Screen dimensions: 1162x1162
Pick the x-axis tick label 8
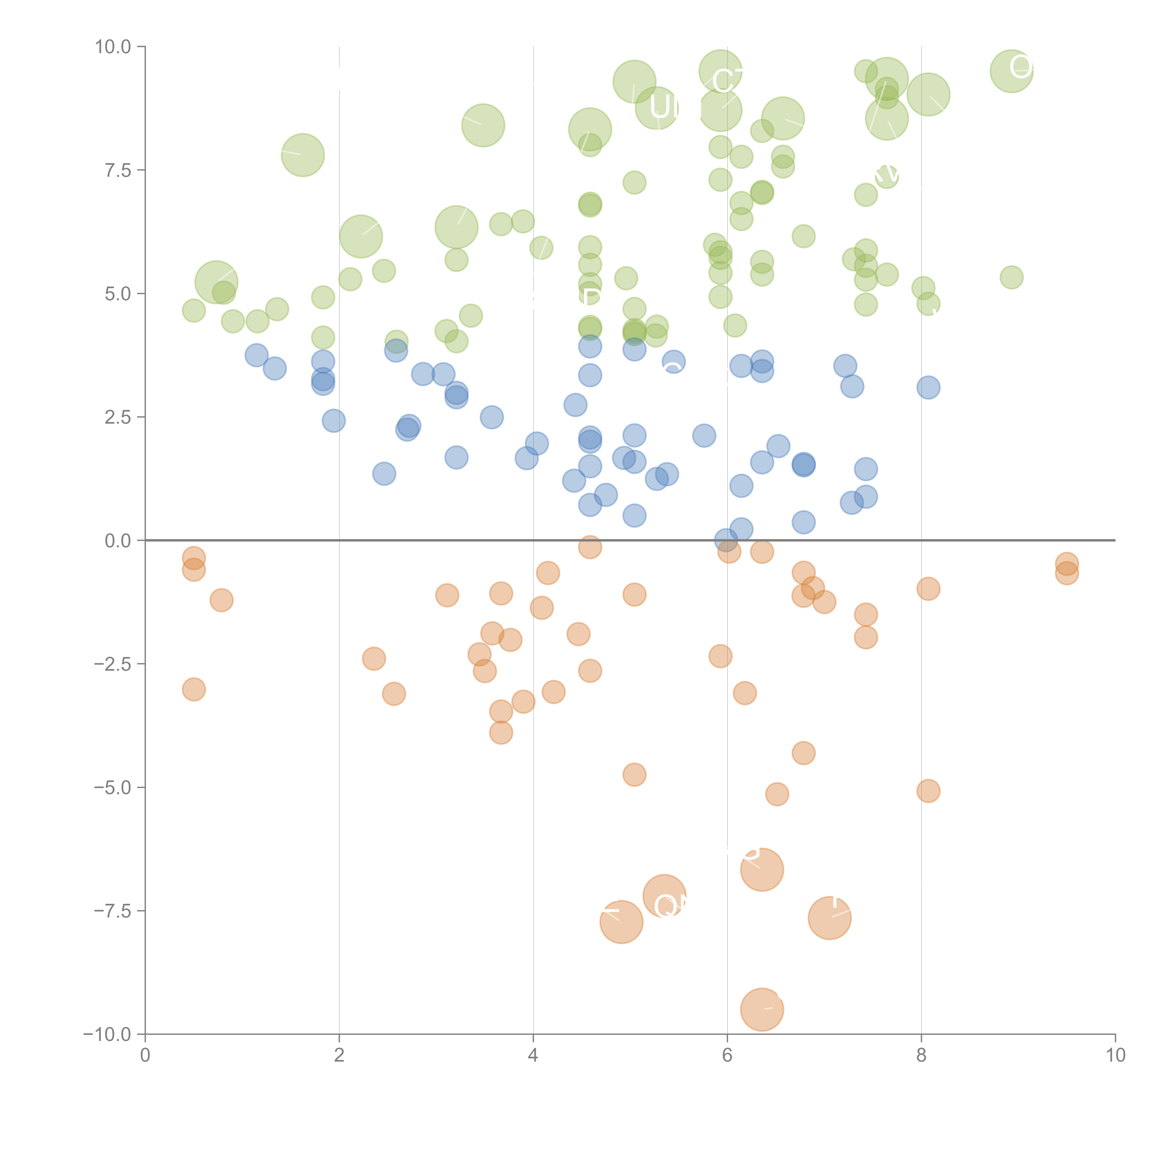click(921, 1056)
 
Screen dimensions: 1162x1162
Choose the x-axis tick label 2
click(339, 1056)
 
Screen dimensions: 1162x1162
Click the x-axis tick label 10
click(1115, 1056)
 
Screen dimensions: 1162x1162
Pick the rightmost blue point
click(928, 387)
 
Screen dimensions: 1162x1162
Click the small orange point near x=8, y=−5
click(928, 791)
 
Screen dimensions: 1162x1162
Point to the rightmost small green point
click(1012, 277)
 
